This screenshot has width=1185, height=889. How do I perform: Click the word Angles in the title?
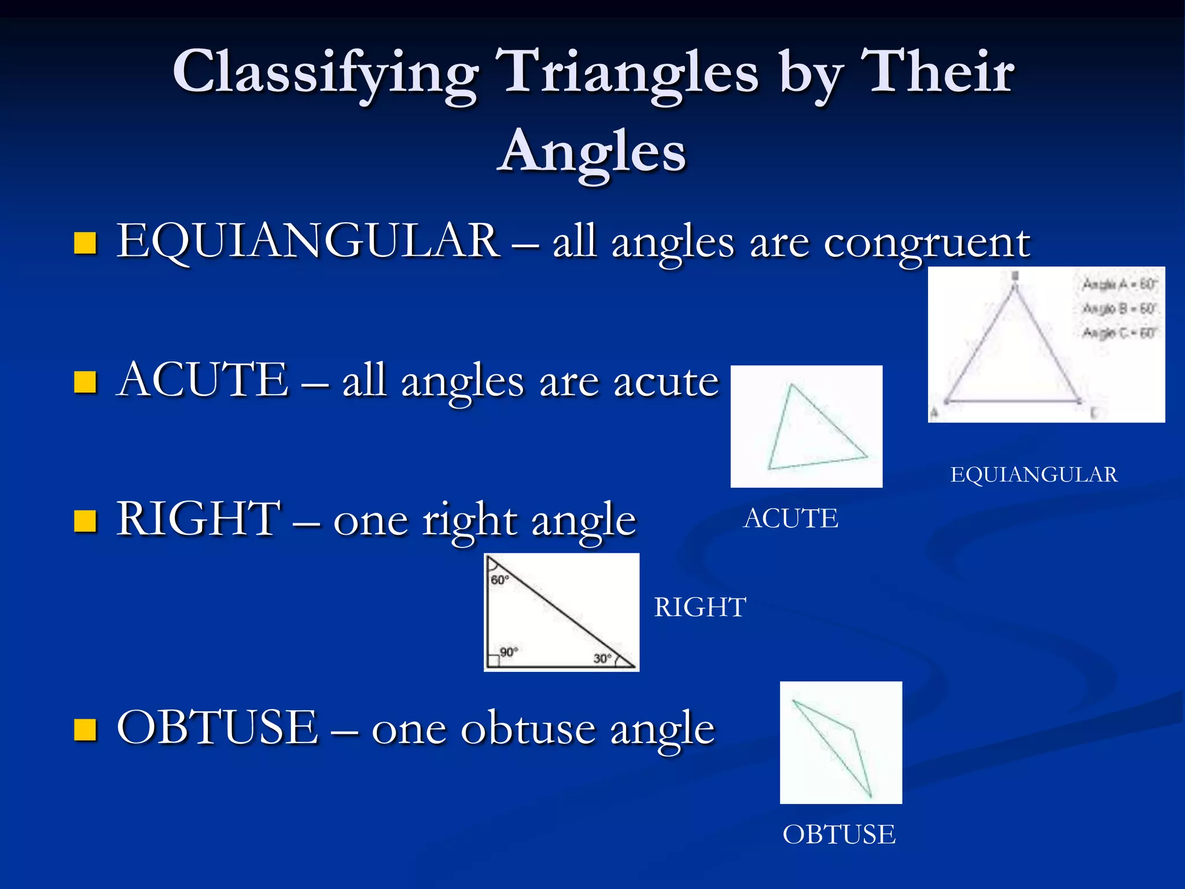[x=592, y=152]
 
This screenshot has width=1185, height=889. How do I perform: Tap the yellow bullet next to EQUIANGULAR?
[x=85, y=243]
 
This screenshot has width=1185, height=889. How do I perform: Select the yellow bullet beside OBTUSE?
[x=85, y=730]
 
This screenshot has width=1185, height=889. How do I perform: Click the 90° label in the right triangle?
[x=509, y=652]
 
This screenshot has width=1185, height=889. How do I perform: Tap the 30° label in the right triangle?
[x=602, y=659]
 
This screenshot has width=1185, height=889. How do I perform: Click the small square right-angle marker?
[x=492, y=660]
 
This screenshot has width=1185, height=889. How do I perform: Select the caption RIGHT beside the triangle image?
[x=700, y=608]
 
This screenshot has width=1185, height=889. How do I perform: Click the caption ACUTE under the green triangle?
[x=790, y=519]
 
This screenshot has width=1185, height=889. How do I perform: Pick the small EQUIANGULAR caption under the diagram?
[x=1034, y=475]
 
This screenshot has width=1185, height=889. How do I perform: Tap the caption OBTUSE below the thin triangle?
[x=839, y=835]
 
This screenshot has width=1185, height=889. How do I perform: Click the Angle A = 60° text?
[x=1119, y=284]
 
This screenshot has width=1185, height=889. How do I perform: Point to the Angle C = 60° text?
[x=1119, y=333]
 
